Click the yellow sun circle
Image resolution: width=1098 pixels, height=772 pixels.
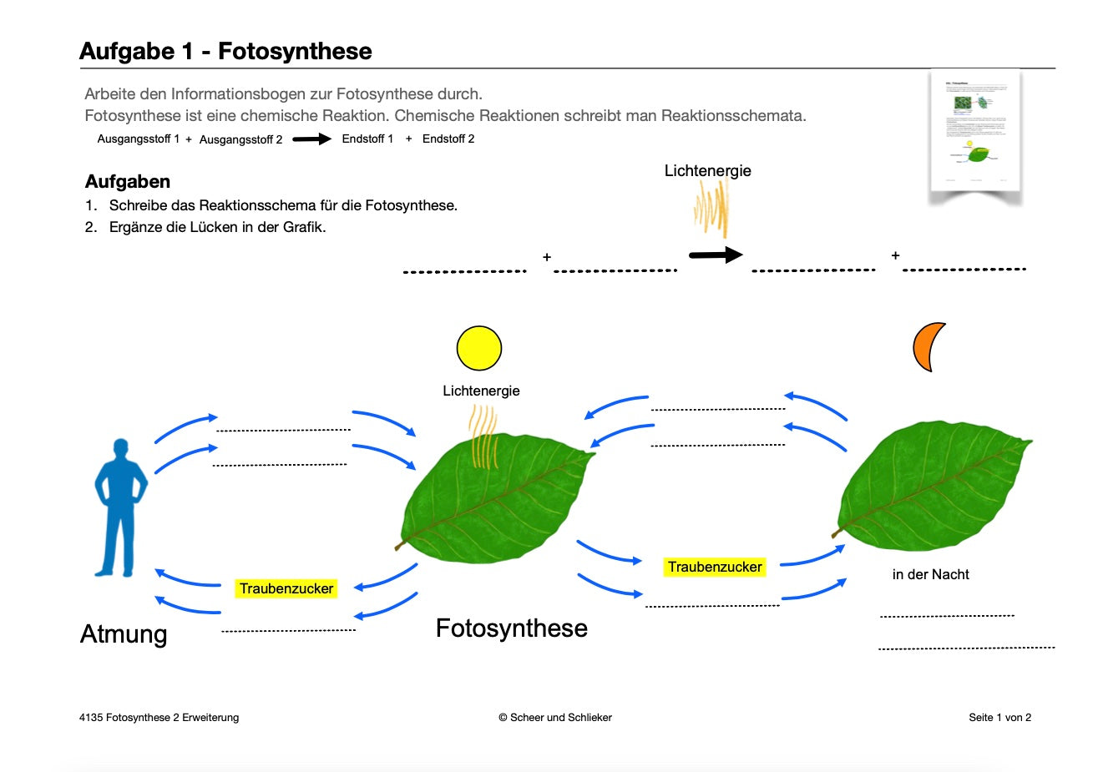pyautogui.click(x=479, y=348)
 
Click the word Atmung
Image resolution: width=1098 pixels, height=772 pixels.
pyautogui.click(x=124, y=634)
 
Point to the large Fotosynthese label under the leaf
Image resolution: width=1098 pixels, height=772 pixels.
pyautogui.click(x=511, y=628)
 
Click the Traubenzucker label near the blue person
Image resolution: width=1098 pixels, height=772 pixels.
pyautogui.click(x=286, y=588)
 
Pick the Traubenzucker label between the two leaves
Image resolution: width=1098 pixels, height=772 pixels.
pyautogui.click(x=715, y=567)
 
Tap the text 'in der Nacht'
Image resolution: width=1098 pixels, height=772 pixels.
pyautogui.click(x=930, y=574)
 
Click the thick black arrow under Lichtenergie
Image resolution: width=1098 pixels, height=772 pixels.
pyautogui.click(x=715, y=255)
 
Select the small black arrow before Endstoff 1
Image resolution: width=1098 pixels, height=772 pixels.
pyautogui.click(x=311, y=139)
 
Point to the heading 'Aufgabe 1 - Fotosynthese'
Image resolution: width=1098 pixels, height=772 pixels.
pyautogui.click(x=225, y=51)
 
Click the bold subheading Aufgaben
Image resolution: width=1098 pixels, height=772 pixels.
pyautogui.click(x=128, y=182)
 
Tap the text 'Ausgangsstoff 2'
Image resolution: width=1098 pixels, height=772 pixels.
pyautogui.click(x=240, y=139)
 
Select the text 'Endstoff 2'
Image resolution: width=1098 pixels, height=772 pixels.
pyautogui.click(x=448, y=139)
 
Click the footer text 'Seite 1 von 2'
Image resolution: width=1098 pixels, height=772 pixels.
pyautogui.click(x=999, y=717)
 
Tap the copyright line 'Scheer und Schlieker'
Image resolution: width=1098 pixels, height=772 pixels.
pyautogui.click(x=555, y=717)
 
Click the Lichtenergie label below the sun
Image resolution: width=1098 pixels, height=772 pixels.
pyautogui.click(x=481, y=391)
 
